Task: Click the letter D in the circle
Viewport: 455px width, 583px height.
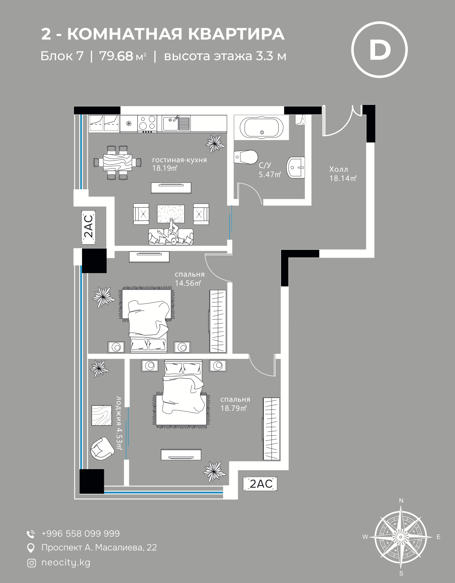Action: (379, 50)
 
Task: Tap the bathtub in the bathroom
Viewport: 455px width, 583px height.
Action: (262, 128)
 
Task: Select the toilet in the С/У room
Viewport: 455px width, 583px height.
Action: (246, 157)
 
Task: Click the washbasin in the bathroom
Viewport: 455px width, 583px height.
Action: (295, 167)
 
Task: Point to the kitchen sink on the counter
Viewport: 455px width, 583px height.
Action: (176, 123)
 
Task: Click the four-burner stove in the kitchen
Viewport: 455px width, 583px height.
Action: (147, 123)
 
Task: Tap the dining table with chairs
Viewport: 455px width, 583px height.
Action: (118, 162)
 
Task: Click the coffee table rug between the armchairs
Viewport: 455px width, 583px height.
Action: (171, 214)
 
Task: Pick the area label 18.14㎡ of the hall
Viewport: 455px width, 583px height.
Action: (343, 178)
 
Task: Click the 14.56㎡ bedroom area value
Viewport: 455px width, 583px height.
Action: (188, 283)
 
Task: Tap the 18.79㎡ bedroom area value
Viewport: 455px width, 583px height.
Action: (233, 408)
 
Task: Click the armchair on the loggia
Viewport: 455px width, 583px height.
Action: (102, 448)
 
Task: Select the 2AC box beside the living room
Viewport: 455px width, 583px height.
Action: (88, 227)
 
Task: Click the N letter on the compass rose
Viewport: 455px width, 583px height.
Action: (401, 501)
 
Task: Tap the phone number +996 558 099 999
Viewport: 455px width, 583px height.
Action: (81, 533)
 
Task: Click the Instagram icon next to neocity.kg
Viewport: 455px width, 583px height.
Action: (32, 563)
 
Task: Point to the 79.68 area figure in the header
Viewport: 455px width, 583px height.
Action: (116, 56)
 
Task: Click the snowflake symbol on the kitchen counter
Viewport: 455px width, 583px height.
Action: (129, 124)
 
